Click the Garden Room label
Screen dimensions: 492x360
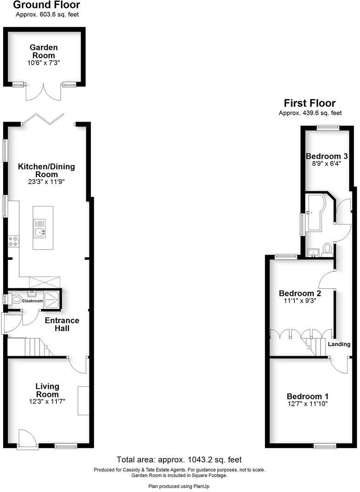(44, 51)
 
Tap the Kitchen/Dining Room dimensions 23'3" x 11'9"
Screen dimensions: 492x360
(46, 182)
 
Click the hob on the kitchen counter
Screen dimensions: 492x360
(13, 241)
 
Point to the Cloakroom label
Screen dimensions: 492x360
(34, 301)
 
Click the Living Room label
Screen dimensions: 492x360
(47, 390)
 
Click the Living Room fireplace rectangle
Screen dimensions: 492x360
(83, 401)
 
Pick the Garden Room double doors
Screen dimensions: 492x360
(44, 92)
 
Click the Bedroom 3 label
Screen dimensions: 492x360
(324, 156)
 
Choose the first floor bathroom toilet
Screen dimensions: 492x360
(327, 248)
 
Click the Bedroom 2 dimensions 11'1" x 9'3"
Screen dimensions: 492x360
(300, 301)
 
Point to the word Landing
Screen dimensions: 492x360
(339, 344)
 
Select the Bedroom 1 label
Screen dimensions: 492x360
(308, 397)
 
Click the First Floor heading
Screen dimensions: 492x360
(309, 103)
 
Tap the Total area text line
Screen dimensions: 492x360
(179, 459)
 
